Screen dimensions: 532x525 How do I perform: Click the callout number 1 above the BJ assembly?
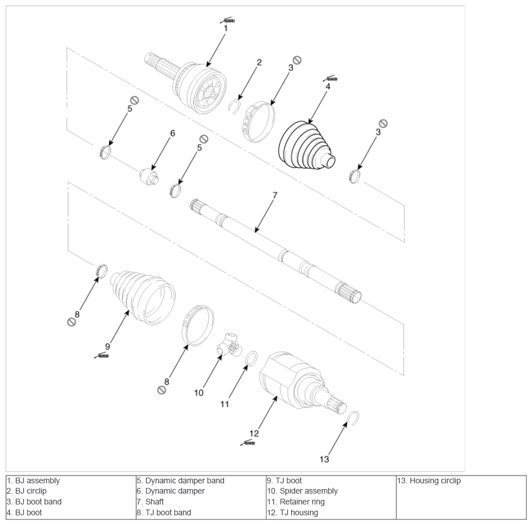(225, 29)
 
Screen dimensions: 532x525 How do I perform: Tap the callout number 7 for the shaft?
(275, 195)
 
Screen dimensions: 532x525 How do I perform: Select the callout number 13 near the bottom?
(324, 459)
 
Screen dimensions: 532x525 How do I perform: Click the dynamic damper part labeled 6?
(148, 176)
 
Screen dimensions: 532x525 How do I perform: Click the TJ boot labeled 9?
(143, 297)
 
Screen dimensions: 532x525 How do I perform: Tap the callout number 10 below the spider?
(199, 393)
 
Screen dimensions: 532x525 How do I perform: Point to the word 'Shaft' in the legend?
(154, 502)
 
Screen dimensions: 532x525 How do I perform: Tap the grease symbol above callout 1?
(227, 21)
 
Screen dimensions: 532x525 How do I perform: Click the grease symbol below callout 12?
(248, 443)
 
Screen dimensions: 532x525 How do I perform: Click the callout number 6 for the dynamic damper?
(173, 134)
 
